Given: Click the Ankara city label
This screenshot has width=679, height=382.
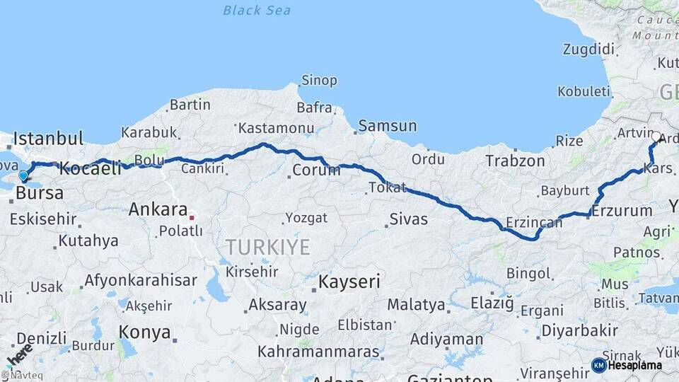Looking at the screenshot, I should pyautogui.click(x=157, y=209).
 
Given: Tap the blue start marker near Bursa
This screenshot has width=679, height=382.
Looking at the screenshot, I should pyautogui.click(x=23, y=175).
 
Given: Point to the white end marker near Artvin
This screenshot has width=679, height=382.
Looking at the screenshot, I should pyautogui.click(x=656, y=137).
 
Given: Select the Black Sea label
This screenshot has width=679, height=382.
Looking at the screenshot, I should pyautogui.click(x=256, y=10).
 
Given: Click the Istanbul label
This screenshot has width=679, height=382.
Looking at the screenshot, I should pyautogui.click(x=48, y=138).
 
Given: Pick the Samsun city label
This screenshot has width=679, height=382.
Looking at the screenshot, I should pyautogui.click(x=387, y=126).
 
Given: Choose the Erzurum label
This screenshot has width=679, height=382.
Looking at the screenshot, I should pyautogui.click(x=622, y=211).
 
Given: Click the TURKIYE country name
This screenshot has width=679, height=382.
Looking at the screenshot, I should pyautogui.click(x=267, y=247).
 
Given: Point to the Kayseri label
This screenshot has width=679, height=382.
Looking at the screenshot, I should pyautogui.click(x=349, y=282).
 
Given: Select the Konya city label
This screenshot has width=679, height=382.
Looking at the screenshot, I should pyautogui.click(x=144, y=332).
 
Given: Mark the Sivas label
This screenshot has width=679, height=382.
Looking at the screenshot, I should pyautogui.click(x=409, y=219).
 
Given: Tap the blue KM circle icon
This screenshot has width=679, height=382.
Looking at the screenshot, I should pyautogui.click(x=598, y=365).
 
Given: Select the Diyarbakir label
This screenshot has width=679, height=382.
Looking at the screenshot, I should pyautogui.click(x=579, y=330).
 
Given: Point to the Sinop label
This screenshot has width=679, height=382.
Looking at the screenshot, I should pyautogui.click(x=319, y=80).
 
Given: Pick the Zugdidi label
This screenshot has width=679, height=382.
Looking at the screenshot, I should pyautogui.click(x=588, y=49).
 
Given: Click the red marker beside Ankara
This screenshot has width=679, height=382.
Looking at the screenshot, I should pyautogui.click(x=191, y=217).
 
